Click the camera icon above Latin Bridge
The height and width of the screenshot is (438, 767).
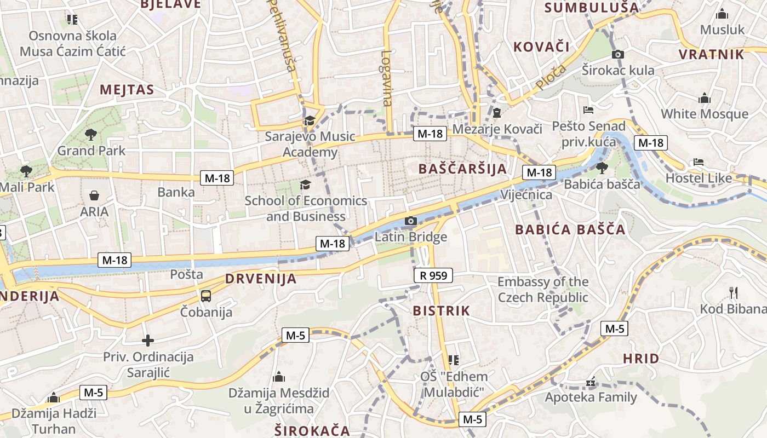point(410,221)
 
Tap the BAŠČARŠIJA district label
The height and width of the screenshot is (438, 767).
point(463,169)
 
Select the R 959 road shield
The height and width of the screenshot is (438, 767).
point(433,275)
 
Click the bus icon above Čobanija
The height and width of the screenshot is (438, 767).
point(206,296)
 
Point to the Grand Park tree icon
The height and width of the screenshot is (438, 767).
point(91,134)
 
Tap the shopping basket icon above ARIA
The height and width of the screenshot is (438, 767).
point(94,195)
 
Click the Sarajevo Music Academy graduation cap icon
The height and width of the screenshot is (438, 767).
point(310,120)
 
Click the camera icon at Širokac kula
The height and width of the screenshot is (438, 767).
point(618,54)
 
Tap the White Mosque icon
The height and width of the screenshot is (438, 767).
point(705,99)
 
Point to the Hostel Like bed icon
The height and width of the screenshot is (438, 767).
point(698,162)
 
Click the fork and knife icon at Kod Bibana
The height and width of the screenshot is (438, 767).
point(734,292)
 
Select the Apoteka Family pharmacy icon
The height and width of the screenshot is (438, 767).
point(591,382)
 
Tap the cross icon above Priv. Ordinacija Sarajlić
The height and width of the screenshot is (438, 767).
point(147,341)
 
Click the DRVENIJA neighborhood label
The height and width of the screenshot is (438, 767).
point(261,279)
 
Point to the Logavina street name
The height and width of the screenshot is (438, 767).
point(387,78)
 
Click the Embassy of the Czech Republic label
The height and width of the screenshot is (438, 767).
point(543,290)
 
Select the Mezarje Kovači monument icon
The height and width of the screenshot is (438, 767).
point(497,113)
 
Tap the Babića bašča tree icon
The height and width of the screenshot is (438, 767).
point(602,168)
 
